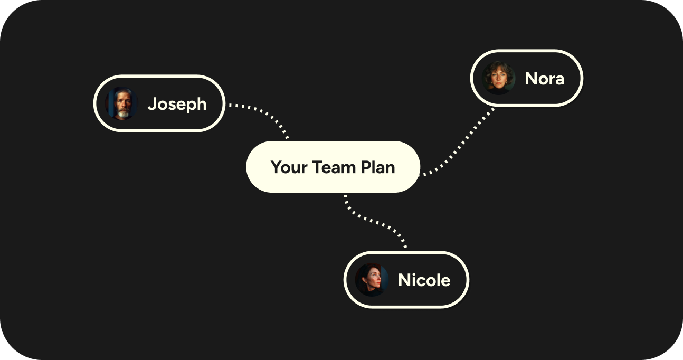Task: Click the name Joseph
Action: tap(177, 104)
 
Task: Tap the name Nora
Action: tap(544, 79)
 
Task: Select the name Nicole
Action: tap(424, 280)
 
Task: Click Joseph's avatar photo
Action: tap(121, 103)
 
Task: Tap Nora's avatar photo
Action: tap(498, 78)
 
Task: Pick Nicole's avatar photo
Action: tap(372, 280)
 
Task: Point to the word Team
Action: tap(334, 167)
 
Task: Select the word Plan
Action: tap(378, 167)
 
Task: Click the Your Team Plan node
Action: tap(333, 167)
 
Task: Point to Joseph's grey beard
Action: tap(123, 113)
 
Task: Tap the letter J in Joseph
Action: tap(152, 104)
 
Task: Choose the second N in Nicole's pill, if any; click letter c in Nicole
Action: tap(423, 281)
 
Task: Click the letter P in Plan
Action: tap(365, 167)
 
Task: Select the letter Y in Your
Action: tap(276, 167)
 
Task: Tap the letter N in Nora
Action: tap(531, 79)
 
